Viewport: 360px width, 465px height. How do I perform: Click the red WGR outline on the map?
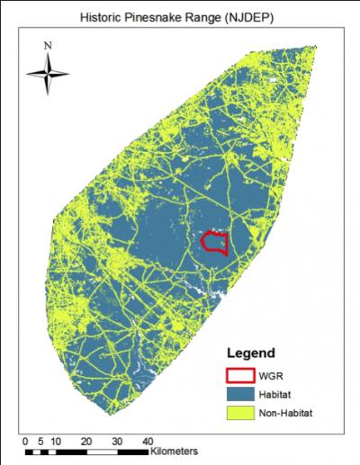[x=214, y=242]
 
